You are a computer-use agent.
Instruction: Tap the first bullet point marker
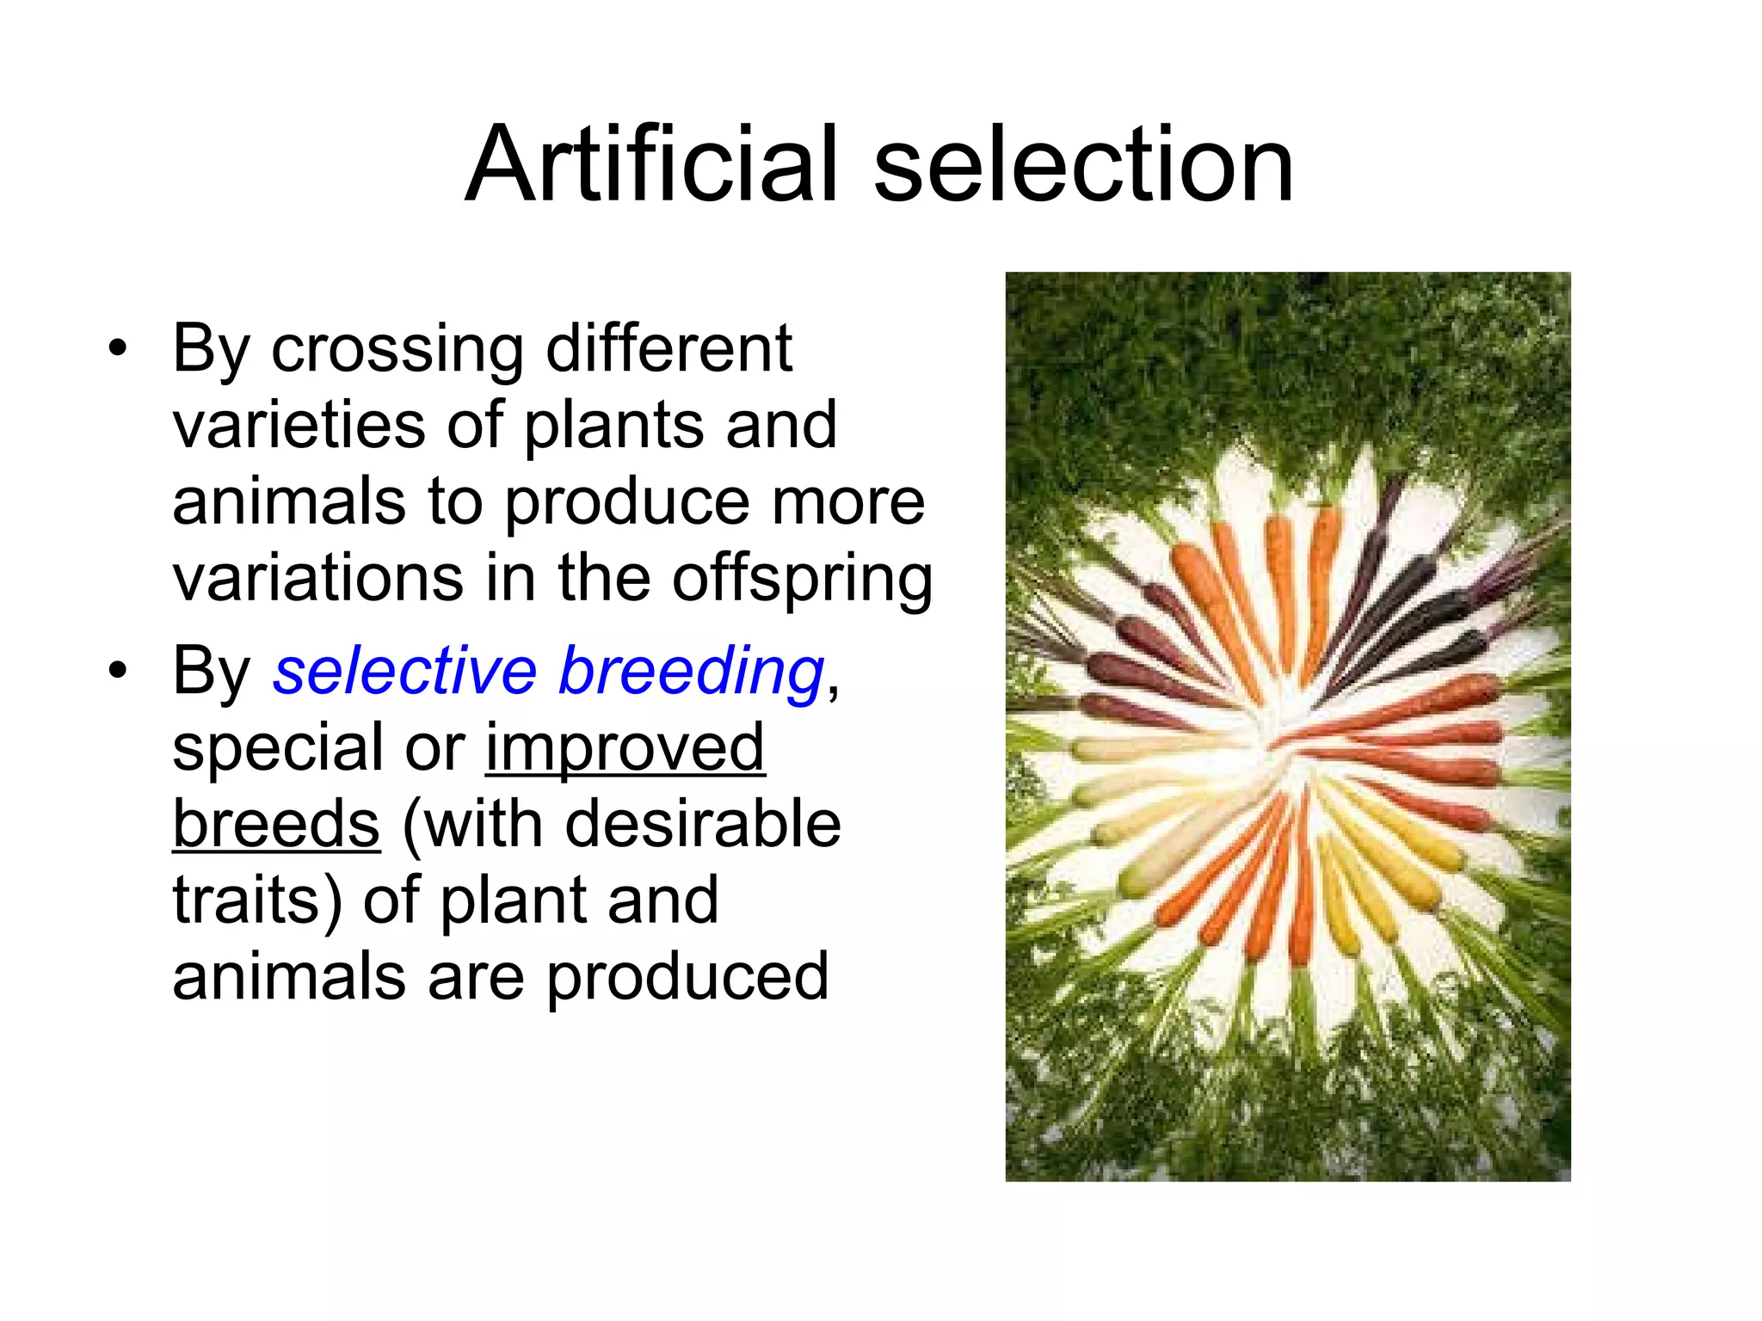tap(118, 348)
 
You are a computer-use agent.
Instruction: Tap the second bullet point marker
tap(118, 670)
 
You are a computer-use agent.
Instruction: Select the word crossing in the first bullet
tap(397, 350)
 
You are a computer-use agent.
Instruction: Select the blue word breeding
tap(692, 673)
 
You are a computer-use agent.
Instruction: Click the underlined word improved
tap(625, 748)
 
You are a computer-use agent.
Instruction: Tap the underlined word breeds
tap(276, 824)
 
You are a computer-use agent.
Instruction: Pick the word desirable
tap(703, 824)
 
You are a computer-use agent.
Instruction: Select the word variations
tap(317, 578)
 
